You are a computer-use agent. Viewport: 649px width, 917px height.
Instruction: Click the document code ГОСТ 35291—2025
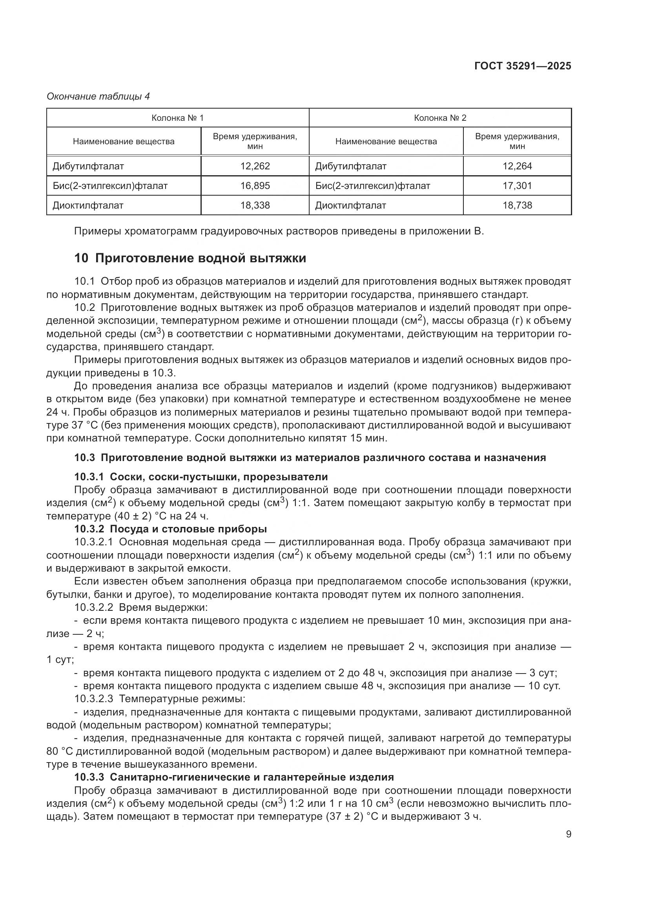(x=523, y=66)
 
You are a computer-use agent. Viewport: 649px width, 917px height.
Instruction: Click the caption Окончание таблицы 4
(x=98, y=96)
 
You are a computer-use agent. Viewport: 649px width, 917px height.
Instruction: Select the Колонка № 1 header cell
(x=177, y=118)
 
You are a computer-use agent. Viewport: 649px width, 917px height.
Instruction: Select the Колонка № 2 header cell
(x=440, y=118)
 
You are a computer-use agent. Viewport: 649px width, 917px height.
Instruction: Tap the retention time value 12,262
(x=255, y=166)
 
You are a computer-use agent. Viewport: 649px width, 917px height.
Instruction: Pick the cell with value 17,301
(x=517, y=186)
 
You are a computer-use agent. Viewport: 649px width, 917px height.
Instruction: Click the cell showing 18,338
(x=255, y=205)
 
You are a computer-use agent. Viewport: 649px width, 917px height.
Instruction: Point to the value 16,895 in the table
(x=255, y=186)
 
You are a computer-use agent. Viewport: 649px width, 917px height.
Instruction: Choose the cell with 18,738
(x=517, y=205)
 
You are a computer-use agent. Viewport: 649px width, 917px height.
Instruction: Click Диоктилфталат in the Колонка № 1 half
(x=88, y=205)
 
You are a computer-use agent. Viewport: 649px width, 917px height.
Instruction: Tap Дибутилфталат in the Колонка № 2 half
(x=350, y=166)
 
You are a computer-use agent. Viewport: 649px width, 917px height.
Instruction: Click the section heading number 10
(x=81, y=258)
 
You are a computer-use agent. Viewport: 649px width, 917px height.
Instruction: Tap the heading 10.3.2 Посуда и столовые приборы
(x=171, y=529)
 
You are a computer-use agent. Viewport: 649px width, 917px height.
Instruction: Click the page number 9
(x=569, y=834)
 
